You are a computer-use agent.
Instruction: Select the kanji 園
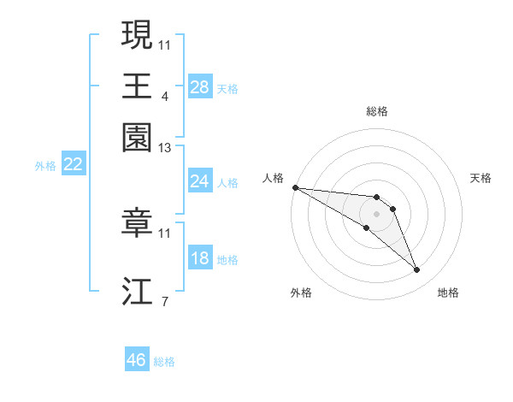pyautogui.click(x=137, y=136)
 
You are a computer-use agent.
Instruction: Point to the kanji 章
pyautogui.click(x=137, y=222)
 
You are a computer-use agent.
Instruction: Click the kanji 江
pyautogui.click(x=137, y=291)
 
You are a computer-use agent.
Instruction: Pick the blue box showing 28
pyautogui.click(x=200, y=86)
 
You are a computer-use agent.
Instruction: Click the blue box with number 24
pyautogui.click(x=200, y=181)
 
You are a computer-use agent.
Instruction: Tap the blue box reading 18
pyautogui.click(x=200, y=258)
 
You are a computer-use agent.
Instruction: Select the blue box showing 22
pyautogui.click(x=73, y=164)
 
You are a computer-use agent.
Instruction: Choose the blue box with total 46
pyautogui.click(x=137, y=360)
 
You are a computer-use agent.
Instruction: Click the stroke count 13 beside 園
pyautogui.click(x=165, y=149)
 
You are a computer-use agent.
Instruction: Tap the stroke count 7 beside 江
pyautogui.click(x=164, y=301)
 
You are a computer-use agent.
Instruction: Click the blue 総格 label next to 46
pyautogui.click(x=164, y=362)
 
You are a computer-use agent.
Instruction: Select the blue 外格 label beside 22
pyautogui.click(x=45, y=166)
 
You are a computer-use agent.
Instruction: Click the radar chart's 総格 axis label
pyautogui.click(x=376, y=111)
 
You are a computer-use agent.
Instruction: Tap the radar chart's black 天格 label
pyautogui.click(x=481, y=178)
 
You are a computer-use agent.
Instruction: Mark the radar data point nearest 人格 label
pyautogui.click(x=295, y=187)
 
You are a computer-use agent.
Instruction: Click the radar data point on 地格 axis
pyautogui.click(x=417, y=270)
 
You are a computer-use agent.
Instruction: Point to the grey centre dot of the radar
pyautogui.click(x=376, y=214)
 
